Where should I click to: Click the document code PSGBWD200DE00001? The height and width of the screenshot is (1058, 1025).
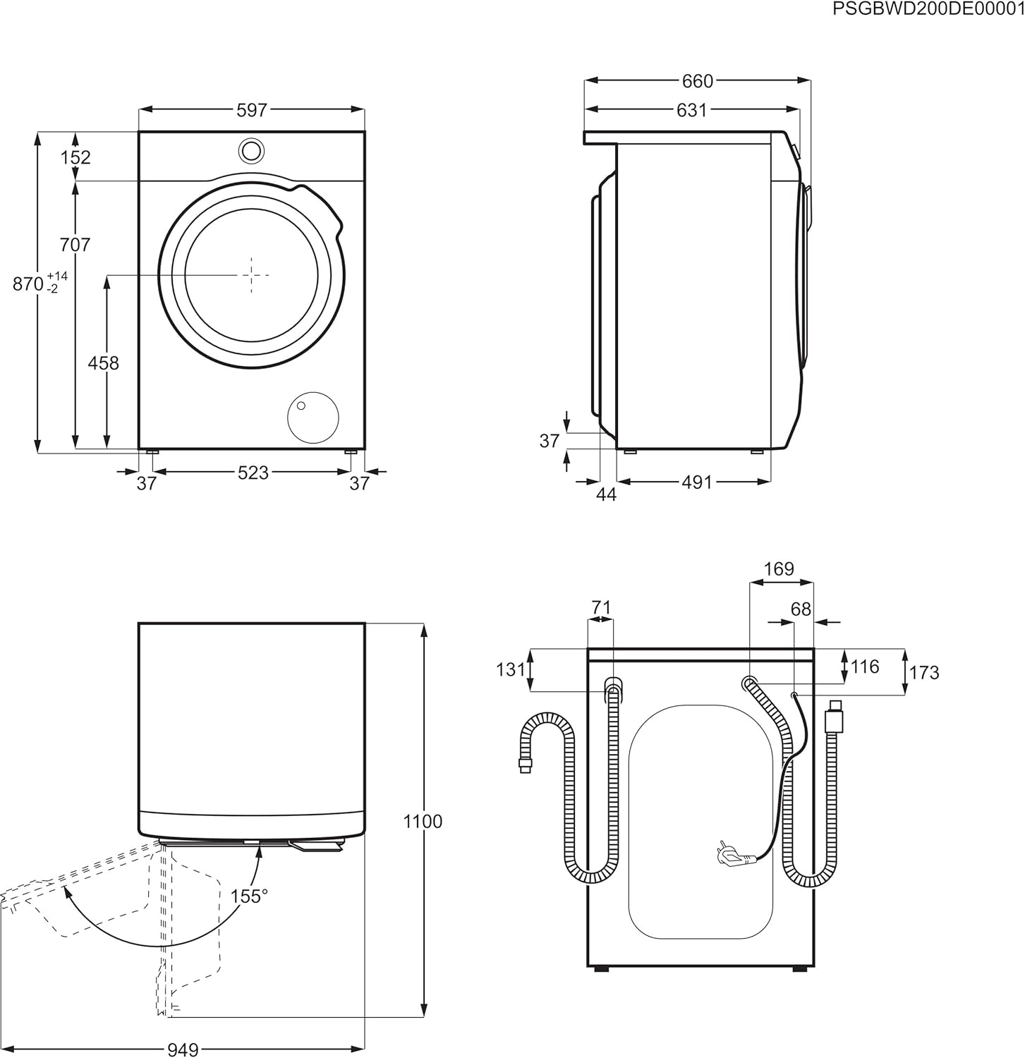point(928,9)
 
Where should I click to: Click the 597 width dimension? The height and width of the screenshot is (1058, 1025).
point(252,110)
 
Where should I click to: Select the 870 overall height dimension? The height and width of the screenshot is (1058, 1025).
point(29,284)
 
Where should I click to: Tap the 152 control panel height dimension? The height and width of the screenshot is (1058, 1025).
point(75,157)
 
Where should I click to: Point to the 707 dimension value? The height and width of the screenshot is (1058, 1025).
point(75,245)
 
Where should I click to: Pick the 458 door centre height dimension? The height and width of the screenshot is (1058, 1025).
point(103,363)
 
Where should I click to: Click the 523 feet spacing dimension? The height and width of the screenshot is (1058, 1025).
point(253,473)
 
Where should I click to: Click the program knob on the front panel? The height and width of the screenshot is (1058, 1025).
point(251,150)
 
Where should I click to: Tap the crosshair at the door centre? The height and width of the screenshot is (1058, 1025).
point(251,274)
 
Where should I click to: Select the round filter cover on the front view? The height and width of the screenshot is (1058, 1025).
point(313,418)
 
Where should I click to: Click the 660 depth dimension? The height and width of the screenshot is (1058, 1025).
point(697,82)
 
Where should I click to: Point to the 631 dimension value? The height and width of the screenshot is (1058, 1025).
point(691,110)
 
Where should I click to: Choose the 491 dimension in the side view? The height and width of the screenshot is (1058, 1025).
point(696,482)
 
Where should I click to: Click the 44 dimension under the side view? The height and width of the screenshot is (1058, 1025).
point(606,495)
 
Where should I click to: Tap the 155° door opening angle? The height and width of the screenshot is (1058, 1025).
point(249,896)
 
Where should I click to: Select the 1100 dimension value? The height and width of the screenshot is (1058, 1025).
point(423,822)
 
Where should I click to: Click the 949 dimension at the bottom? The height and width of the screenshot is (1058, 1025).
point(182,1050)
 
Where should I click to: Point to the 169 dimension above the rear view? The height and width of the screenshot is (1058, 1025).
point(779,568)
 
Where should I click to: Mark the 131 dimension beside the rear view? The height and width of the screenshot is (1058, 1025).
point(511,669)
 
